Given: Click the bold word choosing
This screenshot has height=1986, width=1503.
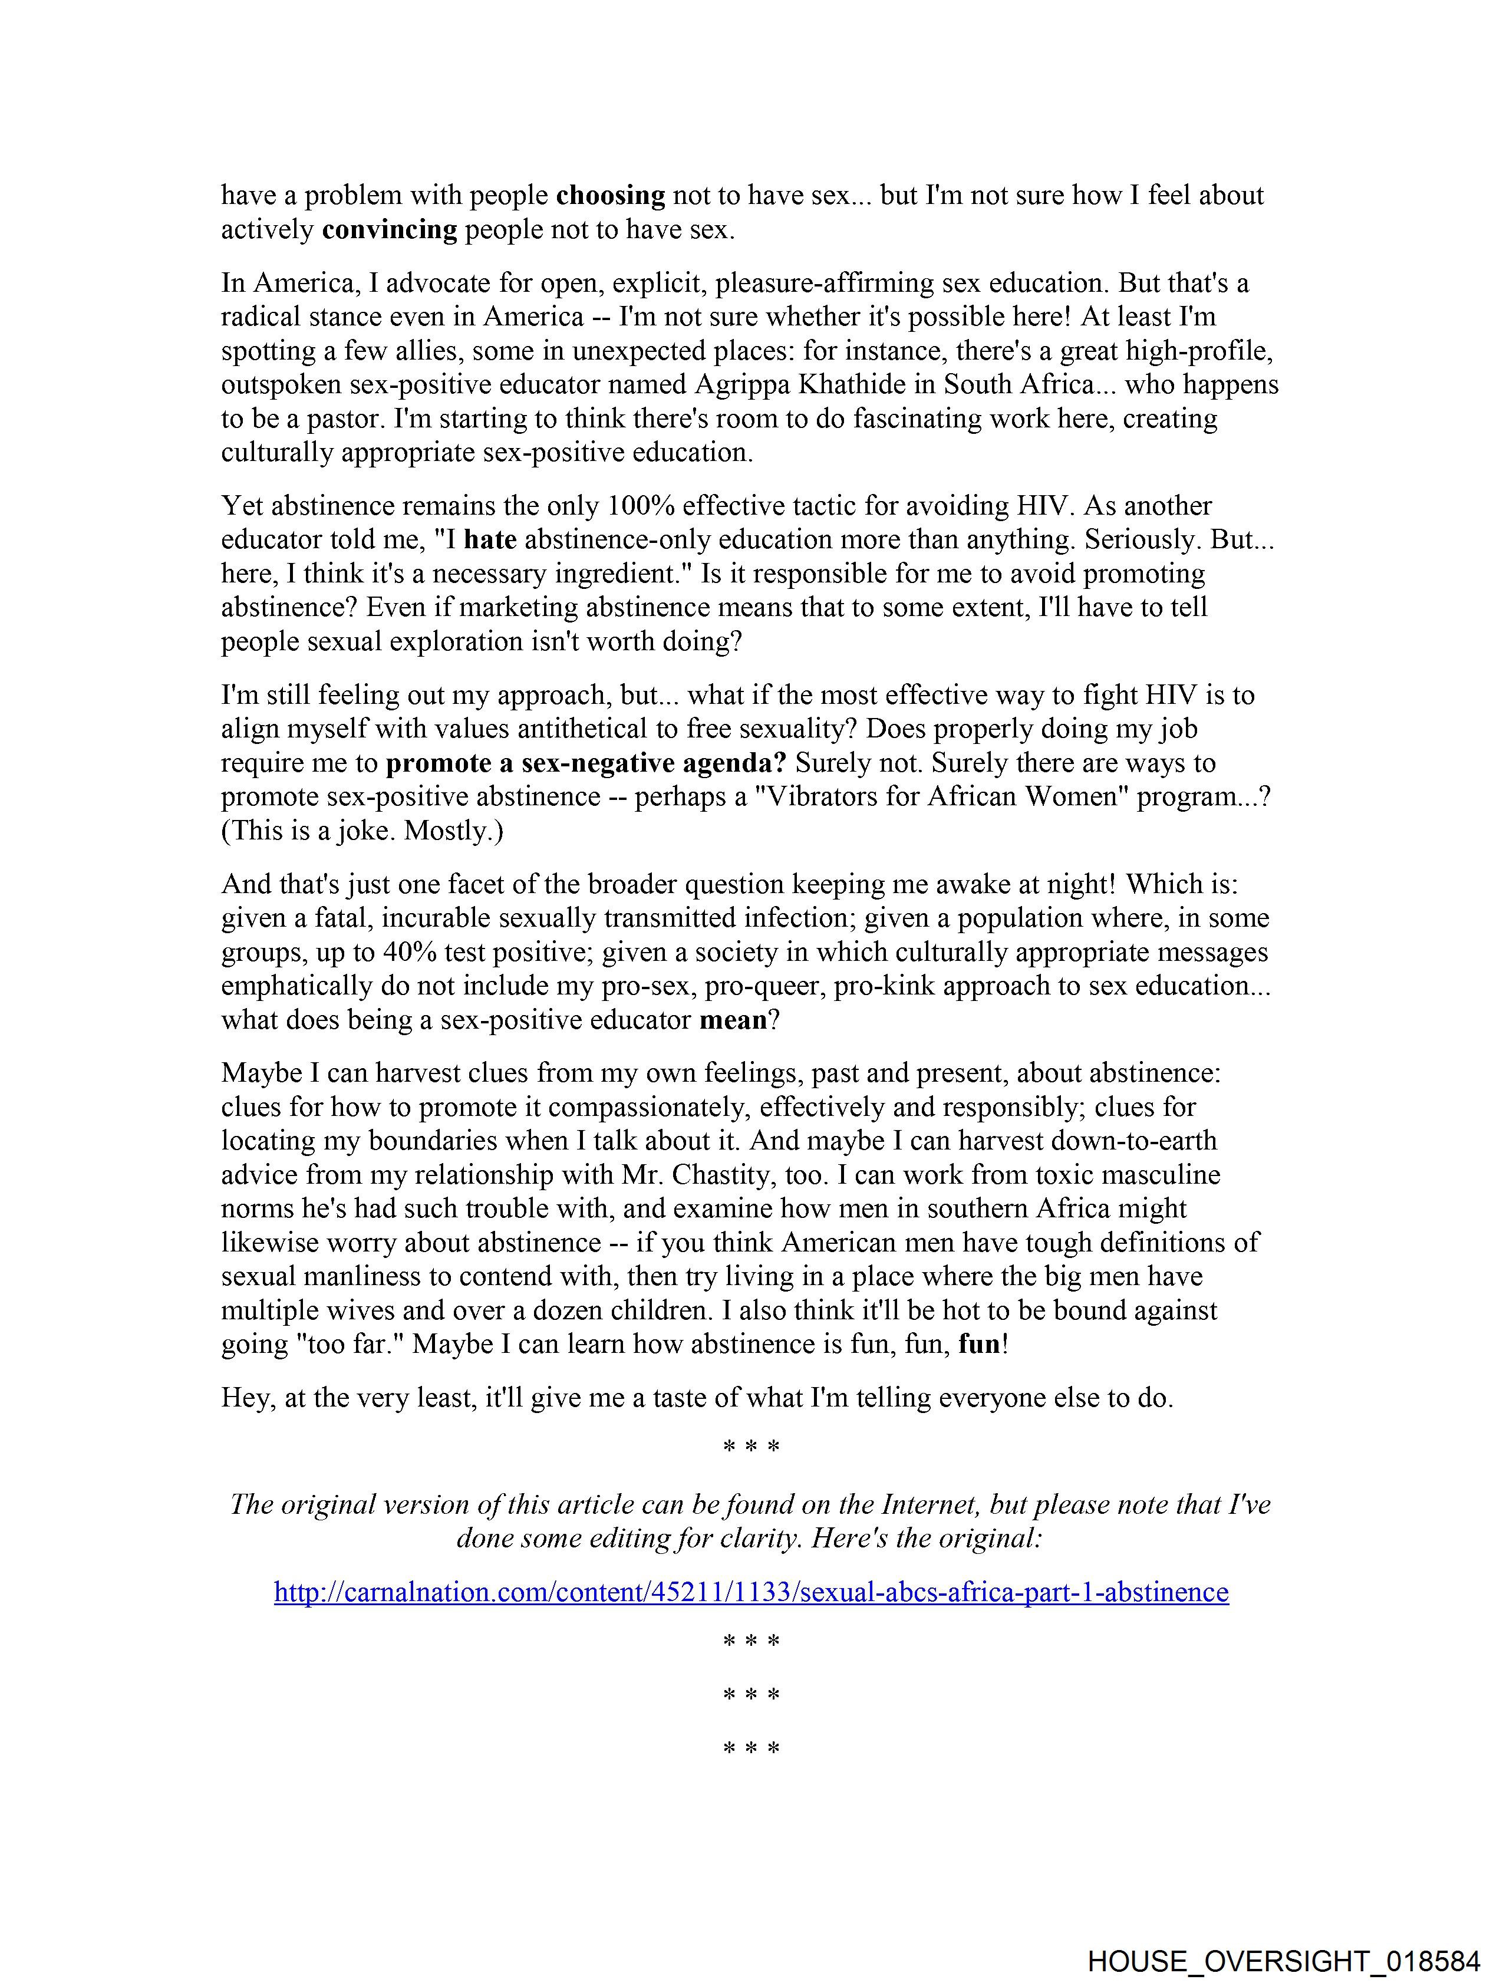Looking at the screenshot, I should (611, 196).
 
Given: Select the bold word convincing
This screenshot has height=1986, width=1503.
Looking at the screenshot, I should (389, 230).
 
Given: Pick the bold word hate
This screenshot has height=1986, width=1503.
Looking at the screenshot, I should (489, 539).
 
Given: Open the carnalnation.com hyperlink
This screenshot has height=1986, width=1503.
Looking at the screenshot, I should (750, 1592).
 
